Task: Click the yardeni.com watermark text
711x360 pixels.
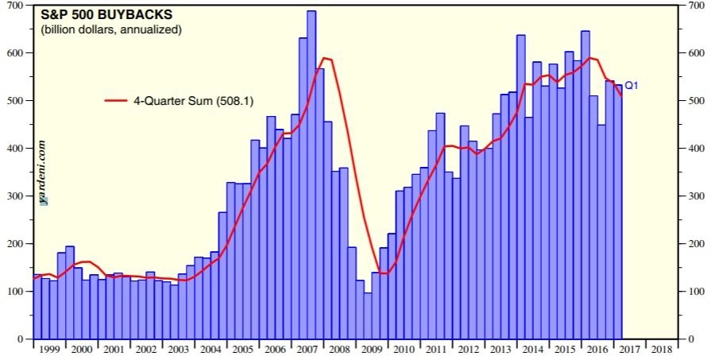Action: [41, 172]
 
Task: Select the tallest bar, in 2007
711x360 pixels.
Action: [311, 175]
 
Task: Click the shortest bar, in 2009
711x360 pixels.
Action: [368, 315]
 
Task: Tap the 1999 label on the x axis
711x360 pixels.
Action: [48, 350]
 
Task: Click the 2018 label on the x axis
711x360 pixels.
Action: [662, 350]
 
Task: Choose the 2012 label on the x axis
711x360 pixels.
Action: [468, 350]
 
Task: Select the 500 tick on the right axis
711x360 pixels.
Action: [694, 101]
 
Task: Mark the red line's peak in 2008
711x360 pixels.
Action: [324, 58]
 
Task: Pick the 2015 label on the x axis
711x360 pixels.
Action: [565, 350]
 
